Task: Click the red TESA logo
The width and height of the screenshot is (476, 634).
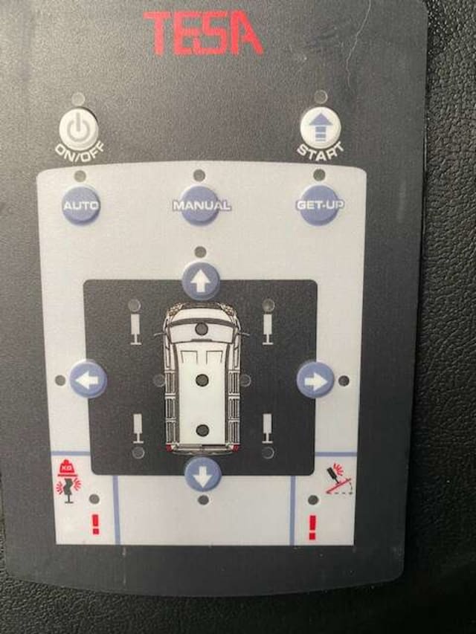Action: [203, 33]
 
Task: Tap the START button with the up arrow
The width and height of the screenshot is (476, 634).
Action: [320, 129]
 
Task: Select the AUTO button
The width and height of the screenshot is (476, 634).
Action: [81, 205]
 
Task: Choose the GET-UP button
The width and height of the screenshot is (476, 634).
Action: [320, 205]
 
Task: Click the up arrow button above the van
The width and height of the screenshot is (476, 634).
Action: [201, 282]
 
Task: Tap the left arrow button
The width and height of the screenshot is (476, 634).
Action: [88, 380]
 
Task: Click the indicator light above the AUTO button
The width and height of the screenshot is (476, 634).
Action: [80, 176]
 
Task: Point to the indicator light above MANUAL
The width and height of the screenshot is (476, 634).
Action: [199, 175]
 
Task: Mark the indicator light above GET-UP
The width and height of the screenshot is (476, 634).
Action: [319, 175]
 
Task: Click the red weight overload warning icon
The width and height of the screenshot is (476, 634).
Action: [68, 482]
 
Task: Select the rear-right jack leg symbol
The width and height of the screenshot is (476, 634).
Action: [267, 428]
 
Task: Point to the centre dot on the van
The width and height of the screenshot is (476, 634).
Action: [202, 380]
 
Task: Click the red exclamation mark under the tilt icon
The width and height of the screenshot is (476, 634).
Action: [312, 527]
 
